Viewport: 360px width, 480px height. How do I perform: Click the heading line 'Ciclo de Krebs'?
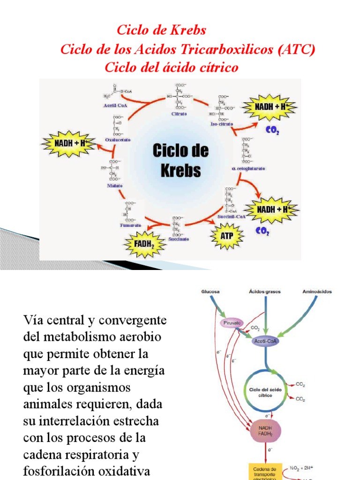[x=161, y=30]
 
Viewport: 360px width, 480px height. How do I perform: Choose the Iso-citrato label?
[x=221, y=125]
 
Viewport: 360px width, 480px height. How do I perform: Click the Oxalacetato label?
[x=118, y=140]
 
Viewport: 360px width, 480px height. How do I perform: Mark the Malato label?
[x=114, y=186]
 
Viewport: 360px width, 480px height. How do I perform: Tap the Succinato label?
[x=178, y=239]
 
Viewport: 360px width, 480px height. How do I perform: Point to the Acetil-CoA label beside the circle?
[x=116, y=105]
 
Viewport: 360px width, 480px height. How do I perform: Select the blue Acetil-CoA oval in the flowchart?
[x=266, y=341]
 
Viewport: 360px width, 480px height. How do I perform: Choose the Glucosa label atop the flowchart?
[x=211, y=292]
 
